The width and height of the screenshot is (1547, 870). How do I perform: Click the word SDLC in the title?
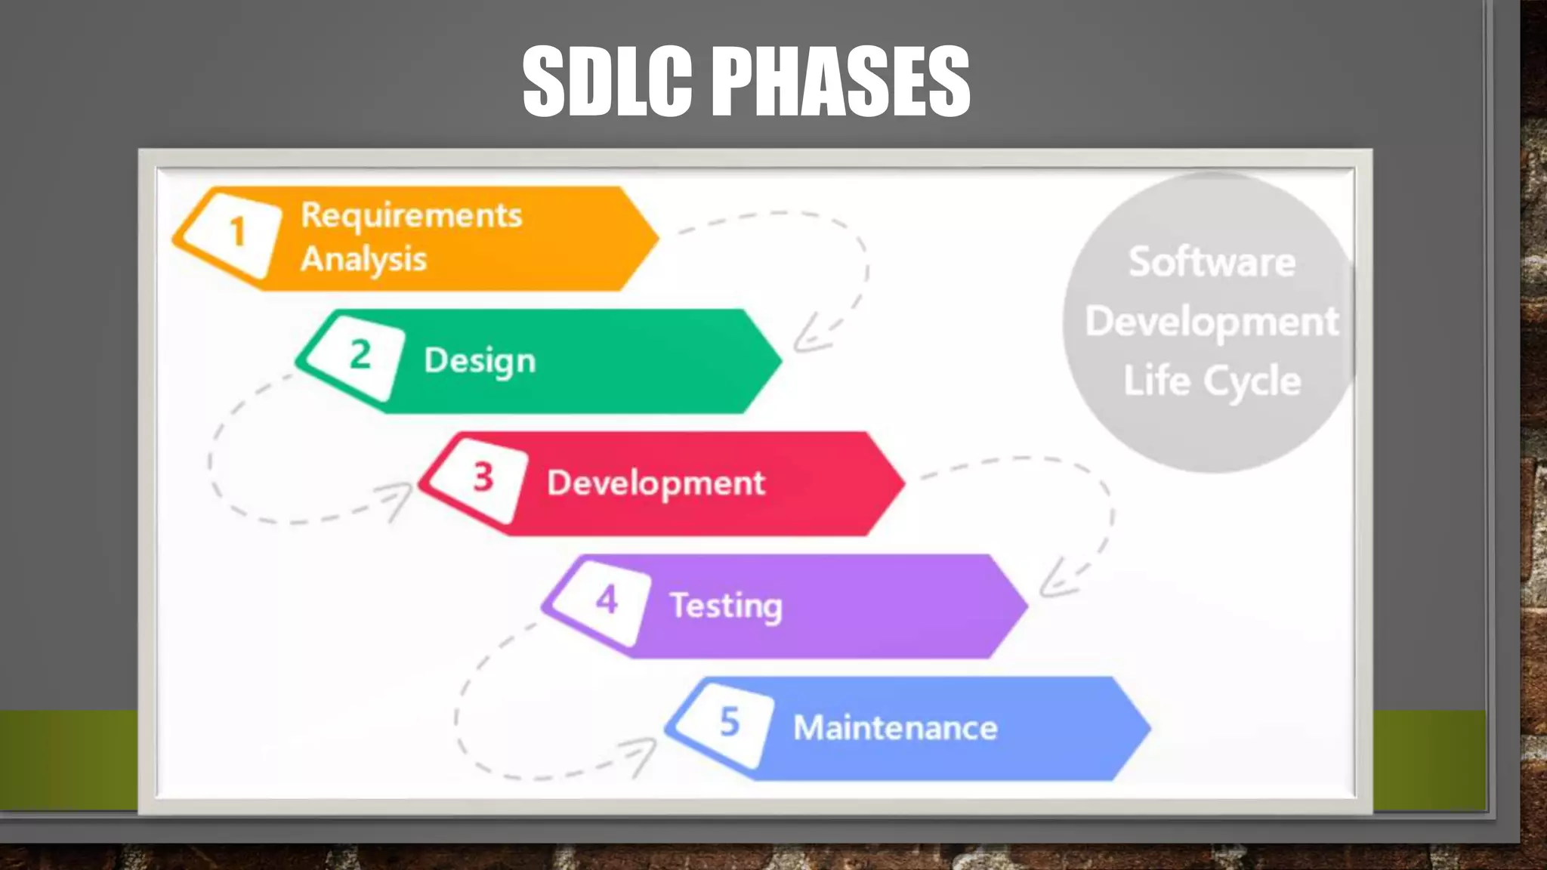click(607, 81)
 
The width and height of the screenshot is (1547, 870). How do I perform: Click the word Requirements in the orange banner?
click(411, 215)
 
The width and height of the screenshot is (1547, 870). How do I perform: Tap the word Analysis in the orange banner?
click(363, 259)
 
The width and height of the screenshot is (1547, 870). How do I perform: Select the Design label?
click(480, 360)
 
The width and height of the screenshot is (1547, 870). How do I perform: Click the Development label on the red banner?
click(656, 483)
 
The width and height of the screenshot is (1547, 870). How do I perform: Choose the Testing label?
click(726, 606)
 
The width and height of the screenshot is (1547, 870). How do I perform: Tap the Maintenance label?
click(895, 728)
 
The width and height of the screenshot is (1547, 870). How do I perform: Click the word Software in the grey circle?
click(1212, 262)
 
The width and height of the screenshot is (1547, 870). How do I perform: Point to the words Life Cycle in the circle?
click(1212, 381)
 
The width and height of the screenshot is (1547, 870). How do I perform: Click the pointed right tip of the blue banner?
click(1147, 729)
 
